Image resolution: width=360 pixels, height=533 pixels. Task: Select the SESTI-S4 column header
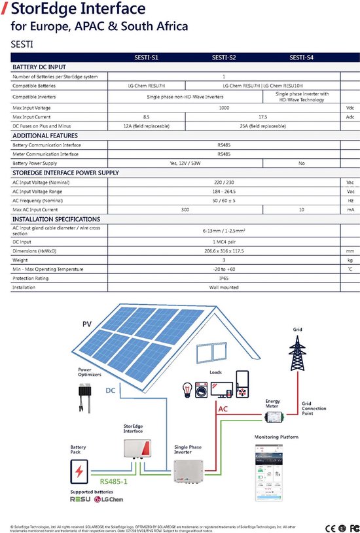click(x=300, y=58)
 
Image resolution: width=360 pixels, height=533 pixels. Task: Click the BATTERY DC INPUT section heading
click(x=39, y=67)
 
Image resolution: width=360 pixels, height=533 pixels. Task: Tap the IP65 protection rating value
click(x=224, y=278)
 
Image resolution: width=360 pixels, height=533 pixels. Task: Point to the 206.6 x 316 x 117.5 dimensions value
click(x=224, y=250)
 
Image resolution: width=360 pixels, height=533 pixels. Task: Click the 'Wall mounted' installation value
click(x=224, y=287)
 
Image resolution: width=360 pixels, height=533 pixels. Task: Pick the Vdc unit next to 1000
click(x=350, y=107)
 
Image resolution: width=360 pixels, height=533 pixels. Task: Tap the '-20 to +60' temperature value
click(x=224, y=269)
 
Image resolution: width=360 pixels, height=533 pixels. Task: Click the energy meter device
click(x=272, y=417)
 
